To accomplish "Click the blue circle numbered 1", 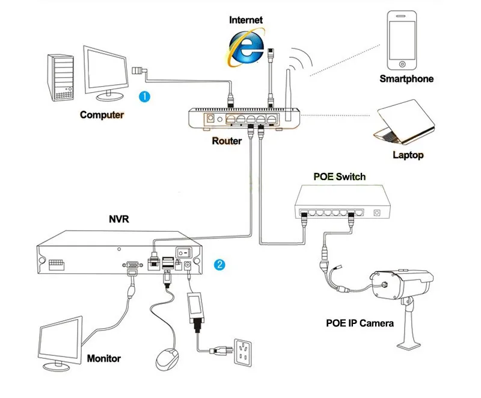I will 144,96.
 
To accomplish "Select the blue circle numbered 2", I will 221,264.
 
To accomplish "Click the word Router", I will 227,141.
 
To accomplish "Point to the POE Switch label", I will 340,176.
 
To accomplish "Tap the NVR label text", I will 118,219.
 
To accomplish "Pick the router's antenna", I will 288,90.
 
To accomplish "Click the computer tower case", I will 63,78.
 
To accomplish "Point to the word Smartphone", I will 406,79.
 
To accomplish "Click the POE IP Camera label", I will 360,323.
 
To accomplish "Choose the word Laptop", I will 408,155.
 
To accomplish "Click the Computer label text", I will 102,115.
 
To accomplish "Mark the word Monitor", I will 104,359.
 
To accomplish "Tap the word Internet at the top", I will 246,20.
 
